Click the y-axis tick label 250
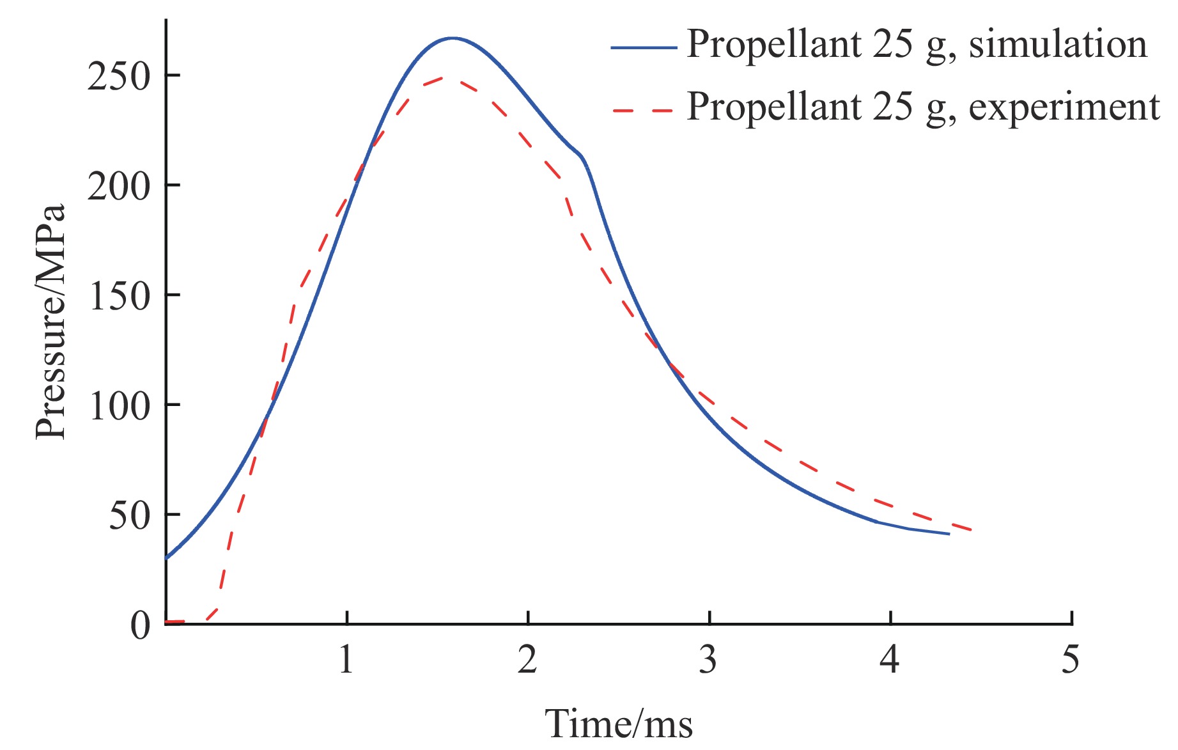[118, 77]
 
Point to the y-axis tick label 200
[118, 187]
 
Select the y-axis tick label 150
[120, 297]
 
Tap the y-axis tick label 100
[120, 406]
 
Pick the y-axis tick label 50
[129, 516]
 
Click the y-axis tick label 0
[140, 625]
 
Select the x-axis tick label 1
[346, 659]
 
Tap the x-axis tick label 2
[527, 659]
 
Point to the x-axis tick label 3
[708, 659]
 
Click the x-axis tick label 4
[890, 659]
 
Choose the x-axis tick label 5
[1071, 659]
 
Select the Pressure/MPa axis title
[51, 322]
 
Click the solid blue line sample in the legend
[643, 47]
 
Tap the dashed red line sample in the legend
[643, 110]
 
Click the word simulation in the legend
[1058, 45]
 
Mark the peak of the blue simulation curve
[452, 38]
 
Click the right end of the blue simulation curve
[949, 533]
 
